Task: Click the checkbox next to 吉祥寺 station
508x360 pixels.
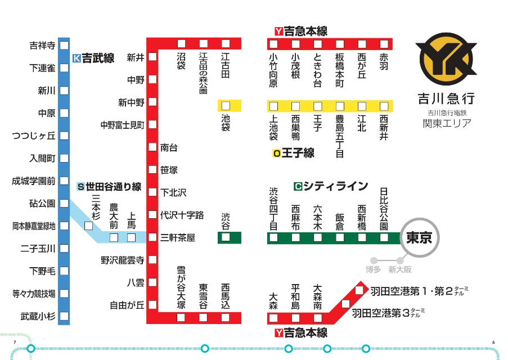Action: point(64,46)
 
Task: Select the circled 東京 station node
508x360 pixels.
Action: point(419,238)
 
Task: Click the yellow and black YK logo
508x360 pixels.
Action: point(446,58)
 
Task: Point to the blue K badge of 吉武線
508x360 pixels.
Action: point(77,58)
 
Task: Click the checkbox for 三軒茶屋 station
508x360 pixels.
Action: point(152,237)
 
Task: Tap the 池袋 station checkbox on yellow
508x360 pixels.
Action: point(226,106)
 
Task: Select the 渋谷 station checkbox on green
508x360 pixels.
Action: point(226,237)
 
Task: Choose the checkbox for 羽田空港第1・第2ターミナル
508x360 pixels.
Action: point(359,291)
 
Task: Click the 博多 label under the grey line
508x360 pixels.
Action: point(374,270)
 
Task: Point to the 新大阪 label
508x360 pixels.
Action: point(400,270)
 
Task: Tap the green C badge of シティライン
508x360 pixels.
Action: point(298,186)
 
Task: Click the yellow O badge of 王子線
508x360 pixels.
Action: point(276,153)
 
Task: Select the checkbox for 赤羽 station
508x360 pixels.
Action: point(384,44)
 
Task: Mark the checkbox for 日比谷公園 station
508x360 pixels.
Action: point(384,237)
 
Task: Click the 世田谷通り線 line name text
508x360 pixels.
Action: point(114,187)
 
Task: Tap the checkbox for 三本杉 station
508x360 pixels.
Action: point(88,226)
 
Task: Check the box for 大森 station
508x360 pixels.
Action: point(273,318)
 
